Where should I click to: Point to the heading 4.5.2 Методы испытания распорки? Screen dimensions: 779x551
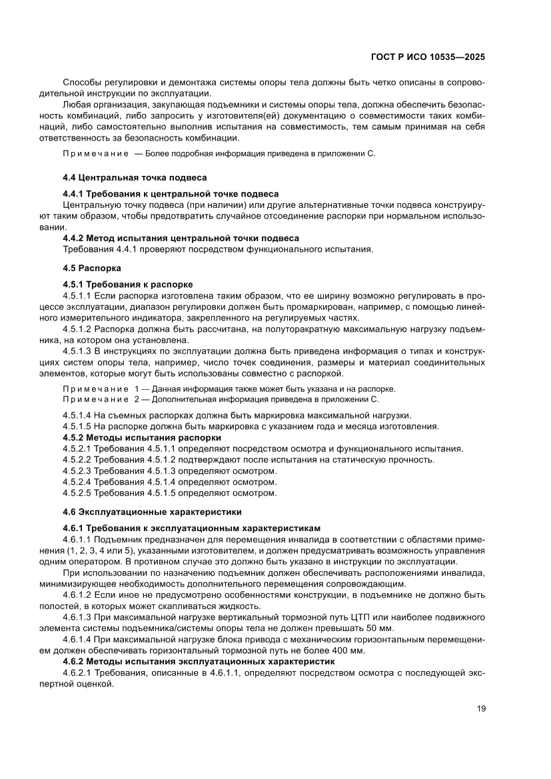click(x=142, y=438)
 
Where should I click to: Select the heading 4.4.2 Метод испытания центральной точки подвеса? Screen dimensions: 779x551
click(x=181, y=238)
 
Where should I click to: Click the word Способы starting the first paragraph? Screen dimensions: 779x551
click(x=83, y=82)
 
